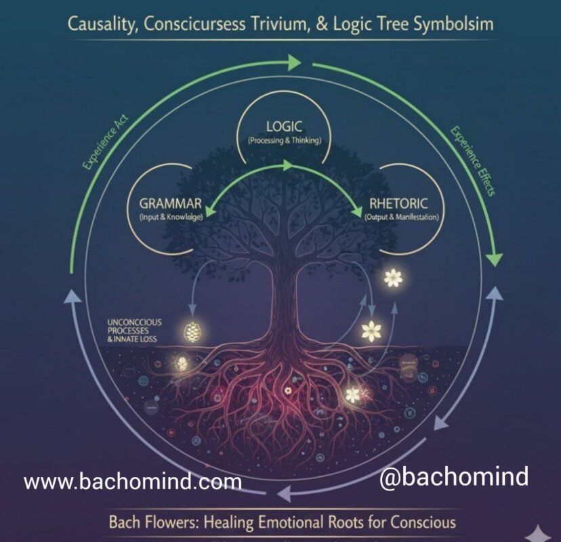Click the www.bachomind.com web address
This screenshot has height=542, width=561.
(133, 482)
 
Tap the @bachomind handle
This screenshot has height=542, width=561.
(453, 477)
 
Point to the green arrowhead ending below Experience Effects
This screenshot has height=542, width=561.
(495, 257)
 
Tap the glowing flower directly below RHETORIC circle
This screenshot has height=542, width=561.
(392, 277)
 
